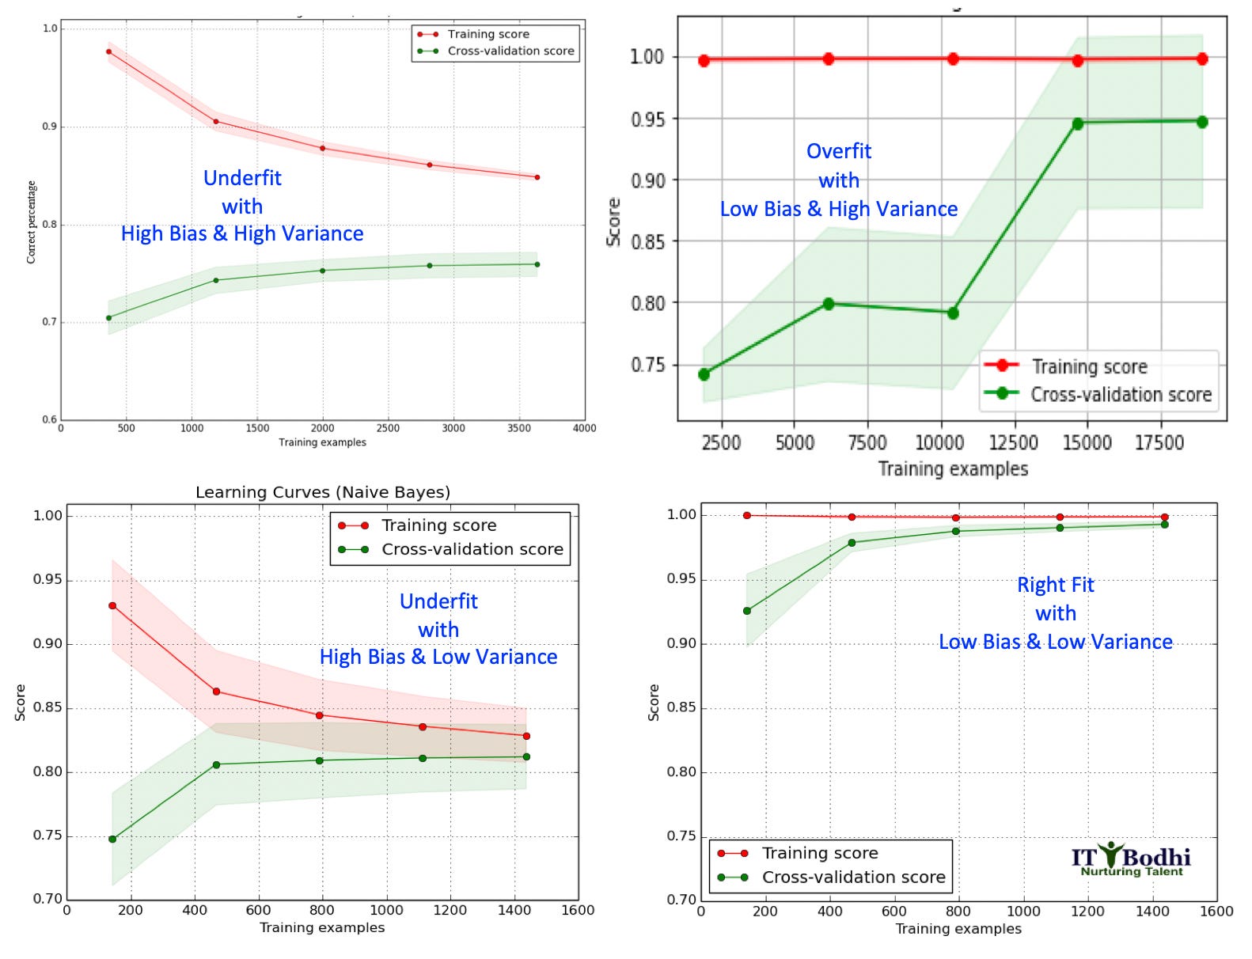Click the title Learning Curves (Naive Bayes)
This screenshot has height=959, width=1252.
point(323,492)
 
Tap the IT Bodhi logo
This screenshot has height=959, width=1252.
point(1131,859)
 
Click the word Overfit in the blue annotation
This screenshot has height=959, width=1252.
point(838,151)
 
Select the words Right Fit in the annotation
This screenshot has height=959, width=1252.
point(1055,585)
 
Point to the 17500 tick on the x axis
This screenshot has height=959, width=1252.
point(1159,442)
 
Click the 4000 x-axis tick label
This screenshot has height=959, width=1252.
point(584,428)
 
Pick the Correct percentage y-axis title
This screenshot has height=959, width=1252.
point(32,222)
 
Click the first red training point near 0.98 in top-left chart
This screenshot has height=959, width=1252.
point(108,51)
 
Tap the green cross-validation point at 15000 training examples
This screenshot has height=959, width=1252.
point(1077,123)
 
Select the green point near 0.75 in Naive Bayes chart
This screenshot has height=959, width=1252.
point(112,839)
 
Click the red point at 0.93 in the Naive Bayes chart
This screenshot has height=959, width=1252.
point(112,605)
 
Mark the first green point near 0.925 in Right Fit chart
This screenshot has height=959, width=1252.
point(746,611)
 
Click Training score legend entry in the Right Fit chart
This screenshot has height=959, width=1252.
point(819,853)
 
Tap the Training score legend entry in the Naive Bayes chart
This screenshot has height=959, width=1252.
point(438,525)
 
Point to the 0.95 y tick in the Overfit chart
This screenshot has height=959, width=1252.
point(647,119)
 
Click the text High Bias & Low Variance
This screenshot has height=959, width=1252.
point(438,657)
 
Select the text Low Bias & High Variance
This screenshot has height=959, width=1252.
point(838,209)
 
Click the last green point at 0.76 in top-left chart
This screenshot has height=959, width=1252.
point(537,264)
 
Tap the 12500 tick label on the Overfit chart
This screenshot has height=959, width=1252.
point(1013,442)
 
